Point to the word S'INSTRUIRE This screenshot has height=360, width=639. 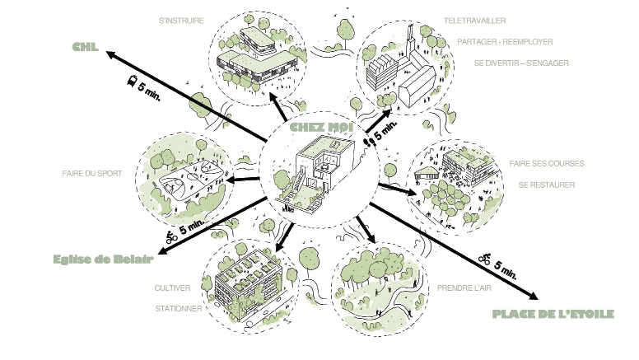[x=181, y=18]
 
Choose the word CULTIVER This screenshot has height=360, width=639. [x=173, y=288]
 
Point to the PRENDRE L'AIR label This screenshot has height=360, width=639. [x=466, y=288]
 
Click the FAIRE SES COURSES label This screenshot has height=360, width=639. [x=546, y=163]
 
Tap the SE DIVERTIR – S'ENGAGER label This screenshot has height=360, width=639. [x=521, y=63]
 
